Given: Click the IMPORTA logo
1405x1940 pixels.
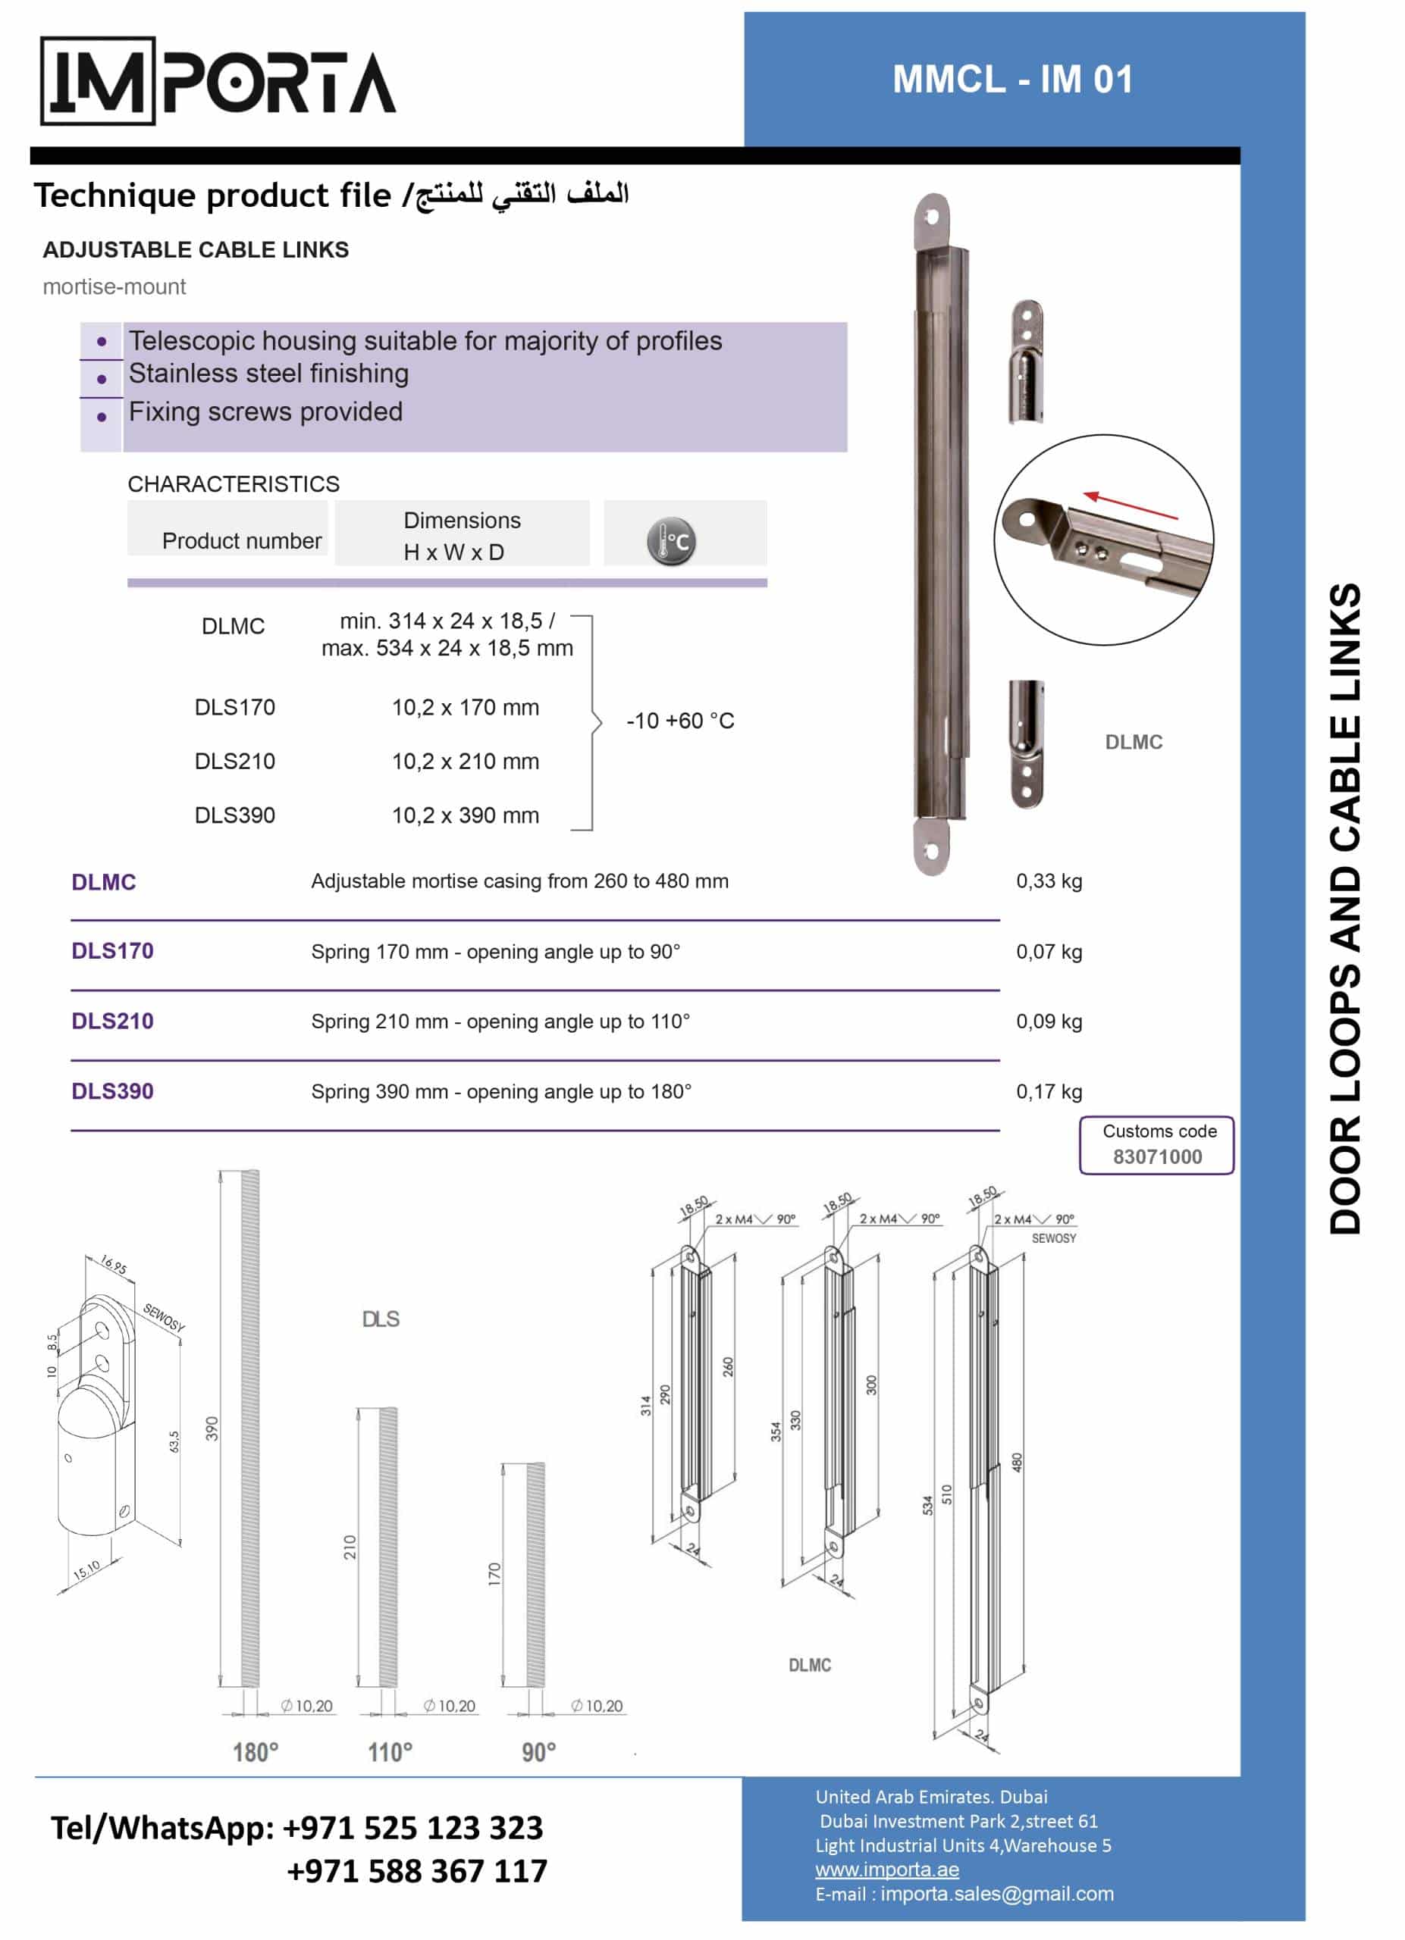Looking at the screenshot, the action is tap(218, 81).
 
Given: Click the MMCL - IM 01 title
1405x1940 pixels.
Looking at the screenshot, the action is tap(1013, 80).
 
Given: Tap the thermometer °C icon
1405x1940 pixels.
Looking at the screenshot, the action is tap(672, 541).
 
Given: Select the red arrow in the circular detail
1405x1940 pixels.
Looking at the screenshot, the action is tap(1131, 505).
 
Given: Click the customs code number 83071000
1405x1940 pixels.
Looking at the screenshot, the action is tap(1158, 1156).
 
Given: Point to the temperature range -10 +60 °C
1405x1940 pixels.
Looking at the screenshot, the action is tap(680, 721).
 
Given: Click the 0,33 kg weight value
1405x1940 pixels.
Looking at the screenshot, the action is tap(1049, 881).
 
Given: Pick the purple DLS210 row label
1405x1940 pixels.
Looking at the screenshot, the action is tap(112, 1022).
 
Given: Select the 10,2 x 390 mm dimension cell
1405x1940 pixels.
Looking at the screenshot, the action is tap(466, 815).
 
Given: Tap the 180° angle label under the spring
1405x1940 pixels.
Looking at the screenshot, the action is tap(256, 1753).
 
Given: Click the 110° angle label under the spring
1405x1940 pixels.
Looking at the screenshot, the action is tap(390, 1753).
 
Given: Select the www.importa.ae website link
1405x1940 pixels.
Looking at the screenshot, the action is tap(887, 1869).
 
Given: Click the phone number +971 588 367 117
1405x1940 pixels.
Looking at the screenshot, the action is tap(417, 1871).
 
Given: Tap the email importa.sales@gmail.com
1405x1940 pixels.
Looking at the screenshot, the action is tap(998, 1894).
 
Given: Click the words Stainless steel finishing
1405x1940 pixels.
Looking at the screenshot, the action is tap(268, 374).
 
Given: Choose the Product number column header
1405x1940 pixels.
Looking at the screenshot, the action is tap(242, 540).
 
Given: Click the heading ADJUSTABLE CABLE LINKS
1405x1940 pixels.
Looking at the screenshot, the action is tap(196, 250).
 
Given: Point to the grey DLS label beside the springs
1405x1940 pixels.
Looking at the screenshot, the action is tap(381, 1319).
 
